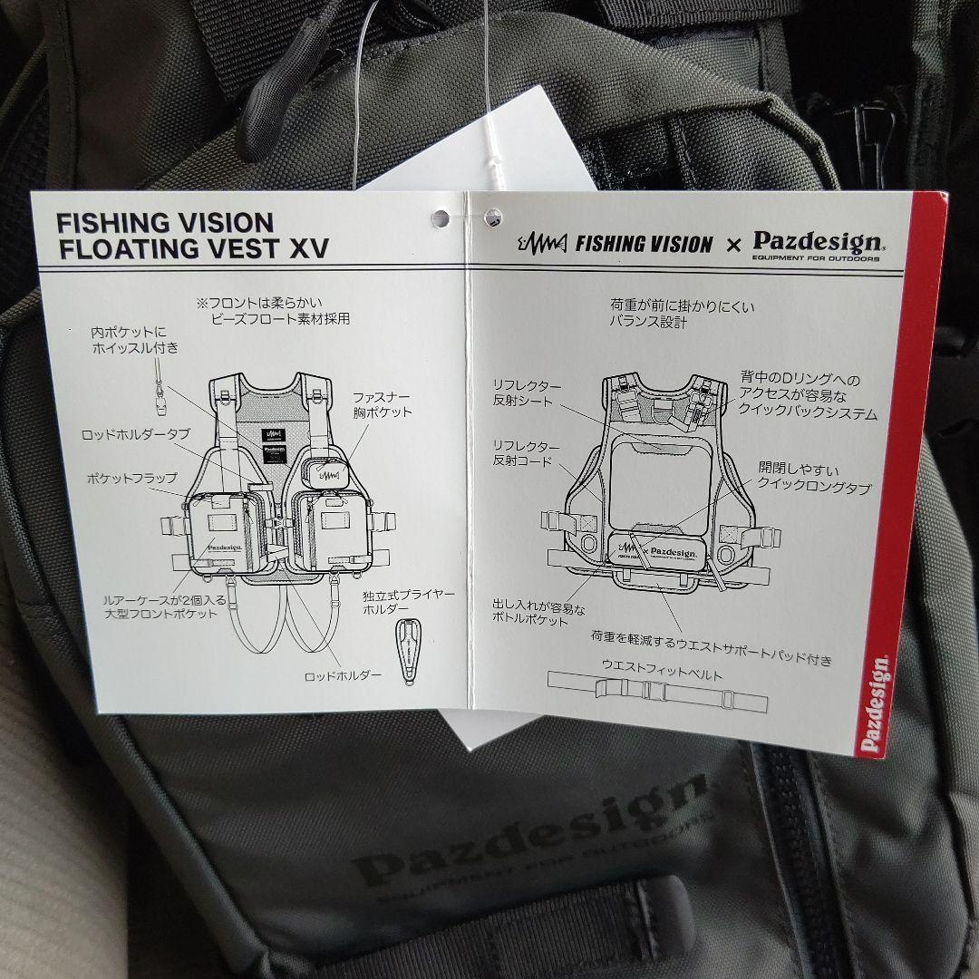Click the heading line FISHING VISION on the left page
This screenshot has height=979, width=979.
click(164, 223)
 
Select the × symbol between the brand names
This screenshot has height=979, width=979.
click(735, 245)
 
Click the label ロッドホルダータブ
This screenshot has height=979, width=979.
click(136, 433)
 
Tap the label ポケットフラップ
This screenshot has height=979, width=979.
click(132, 477)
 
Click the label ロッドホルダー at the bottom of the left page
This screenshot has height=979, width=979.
click(344, 676)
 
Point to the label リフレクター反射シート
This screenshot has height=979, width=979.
click(527, 393)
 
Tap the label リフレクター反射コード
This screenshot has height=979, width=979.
click(527, 453)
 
